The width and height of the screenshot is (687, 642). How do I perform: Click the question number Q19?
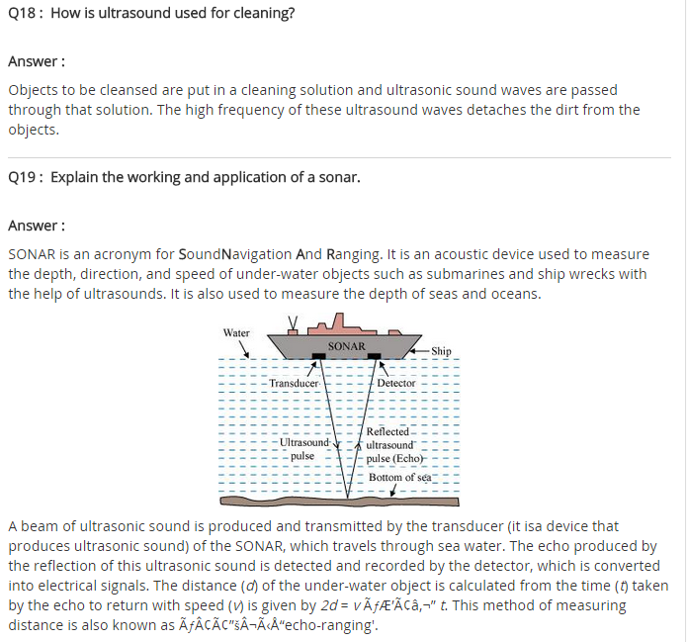coord(22,178)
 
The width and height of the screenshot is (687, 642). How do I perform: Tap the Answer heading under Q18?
coord(37,61)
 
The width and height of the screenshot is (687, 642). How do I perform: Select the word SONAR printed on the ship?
coord(346,346)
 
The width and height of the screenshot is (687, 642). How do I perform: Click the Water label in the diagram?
coord(236,332)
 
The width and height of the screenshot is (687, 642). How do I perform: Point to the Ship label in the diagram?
coord(441,351)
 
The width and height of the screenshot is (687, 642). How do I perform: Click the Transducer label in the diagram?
coord(294,383)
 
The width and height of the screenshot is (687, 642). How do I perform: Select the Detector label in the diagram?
coord(396,383)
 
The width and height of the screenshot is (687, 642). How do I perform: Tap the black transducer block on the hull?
coord(321,358)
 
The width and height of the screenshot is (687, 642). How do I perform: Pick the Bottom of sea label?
coord(399,477)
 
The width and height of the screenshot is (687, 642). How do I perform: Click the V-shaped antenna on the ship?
coord(293,321)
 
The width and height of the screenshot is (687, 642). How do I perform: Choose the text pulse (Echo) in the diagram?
coord(394,459)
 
